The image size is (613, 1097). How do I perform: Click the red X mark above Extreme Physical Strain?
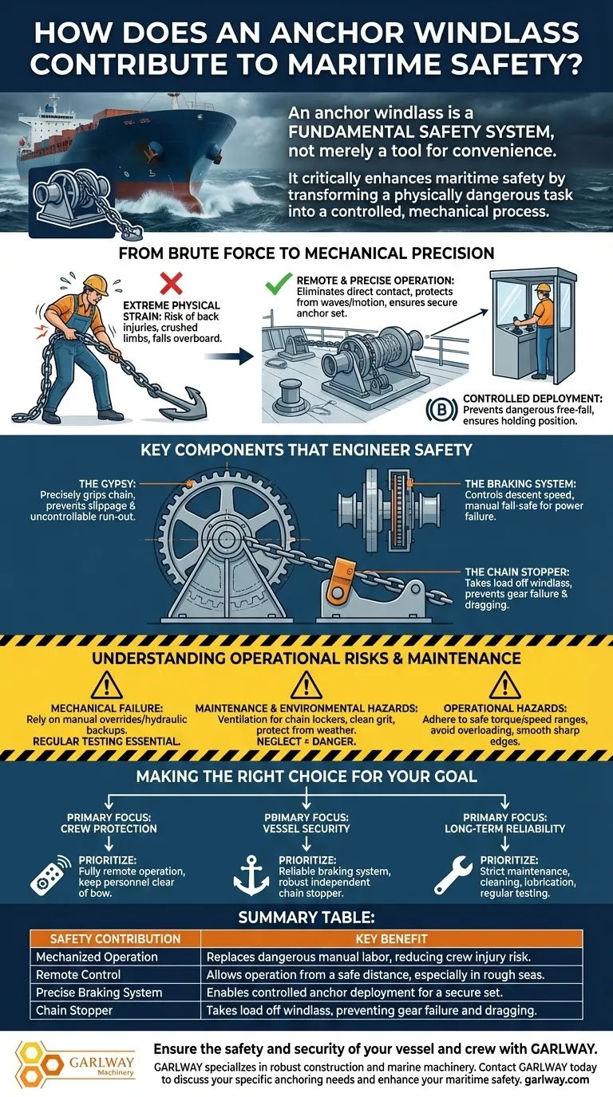coord(171,284)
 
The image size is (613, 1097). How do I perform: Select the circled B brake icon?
coord(441,410)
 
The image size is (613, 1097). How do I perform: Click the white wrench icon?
coord(453,875)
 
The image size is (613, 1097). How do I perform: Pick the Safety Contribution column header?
coord(115,939)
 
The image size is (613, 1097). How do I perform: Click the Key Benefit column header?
coord(391,939)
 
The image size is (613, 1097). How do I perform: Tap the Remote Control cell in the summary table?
coord(78,974)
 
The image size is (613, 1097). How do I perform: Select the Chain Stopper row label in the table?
coord(74,1010)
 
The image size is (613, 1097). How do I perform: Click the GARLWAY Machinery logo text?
coord(101,1064)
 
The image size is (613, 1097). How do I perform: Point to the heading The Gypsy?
coord(108,484)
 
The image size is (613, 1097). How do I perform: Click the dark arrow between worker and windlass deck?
coord(228,356)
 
